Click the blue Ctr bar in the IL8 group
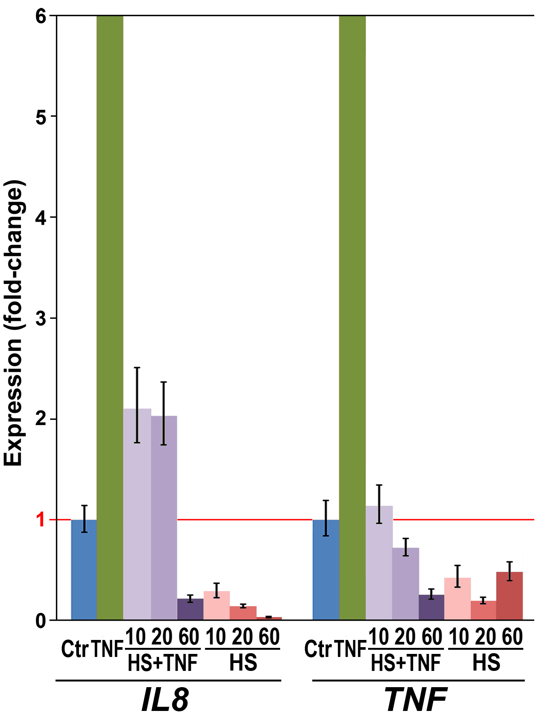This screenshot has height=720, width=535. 84,570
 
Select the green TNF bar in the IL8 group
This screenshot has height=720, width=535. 110,318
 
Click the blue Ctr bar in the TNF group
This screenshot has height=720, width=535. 326,570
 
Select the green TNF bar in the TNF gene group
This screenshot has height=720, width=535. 352,318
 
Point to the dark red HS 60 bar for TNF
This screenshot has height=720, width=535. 509,596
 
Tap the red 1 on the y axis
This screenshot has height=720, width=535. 40,520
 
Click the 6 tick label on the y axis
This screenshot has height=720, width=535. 40,17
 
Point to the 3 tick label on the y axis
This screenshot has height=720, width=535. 40,318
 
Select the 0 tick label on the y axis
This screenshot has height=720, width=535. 40,621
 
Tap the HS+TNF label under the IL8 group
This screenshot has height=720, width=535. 163,663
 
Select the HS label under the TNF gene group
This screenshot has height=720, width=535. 486,663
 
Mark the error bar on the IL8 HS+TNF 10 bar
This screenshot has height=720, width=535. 137,405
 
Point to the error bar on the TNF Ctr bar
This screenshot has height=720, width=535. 326,518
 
